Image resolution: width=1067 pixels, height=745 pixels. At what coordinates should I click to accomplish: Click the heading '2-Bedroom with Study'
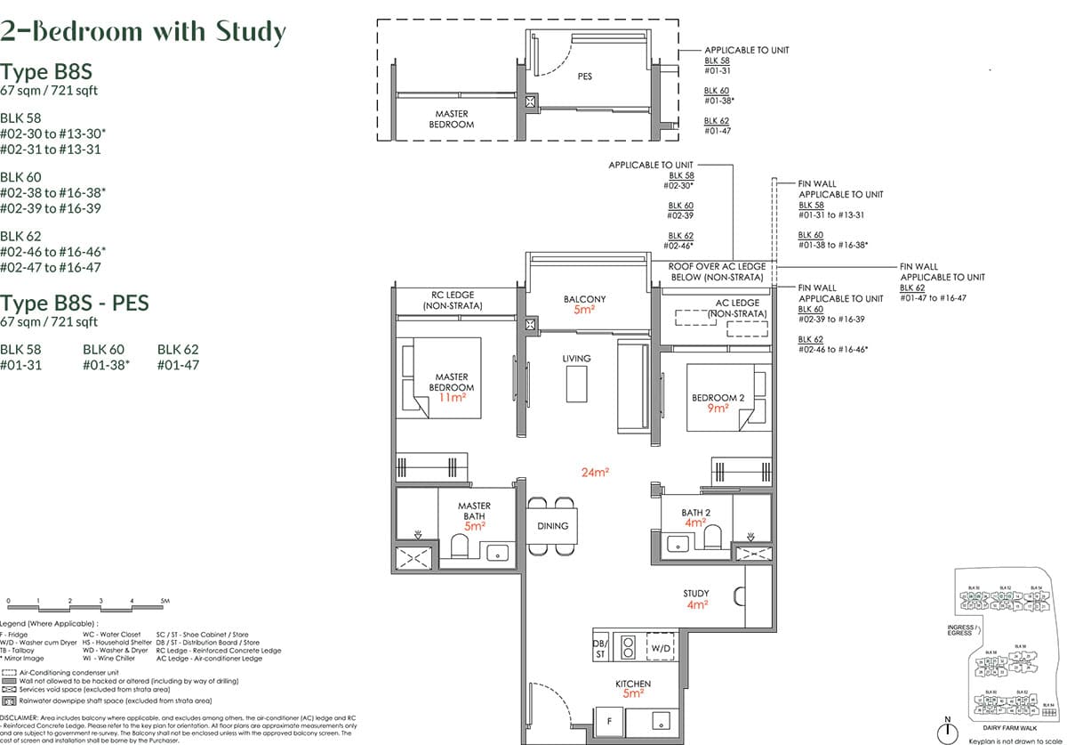click(x=143, y=33)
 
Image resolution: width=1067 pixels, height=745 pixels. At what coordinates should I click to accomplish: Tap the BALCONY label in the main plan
click(x=584, y=299)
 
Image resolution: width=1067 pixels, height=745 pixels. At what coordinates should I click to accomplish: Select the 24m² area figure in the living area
click(x=594, y=473)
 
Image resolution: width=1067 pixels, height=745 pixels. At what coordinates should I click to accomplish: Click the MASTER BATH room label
click(x=474, y=511)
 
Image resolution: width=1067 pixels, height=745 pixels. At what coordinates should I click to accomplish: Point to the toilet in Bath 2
click(x=711, y=537)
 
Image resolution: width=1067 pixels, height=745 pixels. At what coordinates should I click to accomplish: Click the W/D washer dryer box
click(x=661, y=649)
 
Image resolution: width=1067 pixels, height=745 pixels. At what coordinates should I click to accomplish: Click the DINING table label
click(x=552, y=526)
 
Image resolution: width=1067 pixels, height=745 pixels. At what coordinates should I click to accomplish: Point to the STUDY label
click(x=696, y=594)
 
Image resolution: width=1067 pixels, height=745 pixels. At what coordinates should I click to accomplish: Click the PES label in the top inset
click(x=584, y=77)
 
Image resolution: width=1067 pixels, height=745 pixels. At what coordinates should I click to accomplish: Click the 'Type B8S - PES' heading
click(x=75, y=303)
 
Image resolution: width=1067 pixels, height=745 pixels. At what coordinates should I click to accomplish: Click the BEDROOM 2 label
click(x=718, y=397)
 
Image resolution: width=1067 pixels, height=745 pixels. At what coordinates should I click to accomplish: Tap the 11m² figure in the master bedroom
click(x=453, y=398)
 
